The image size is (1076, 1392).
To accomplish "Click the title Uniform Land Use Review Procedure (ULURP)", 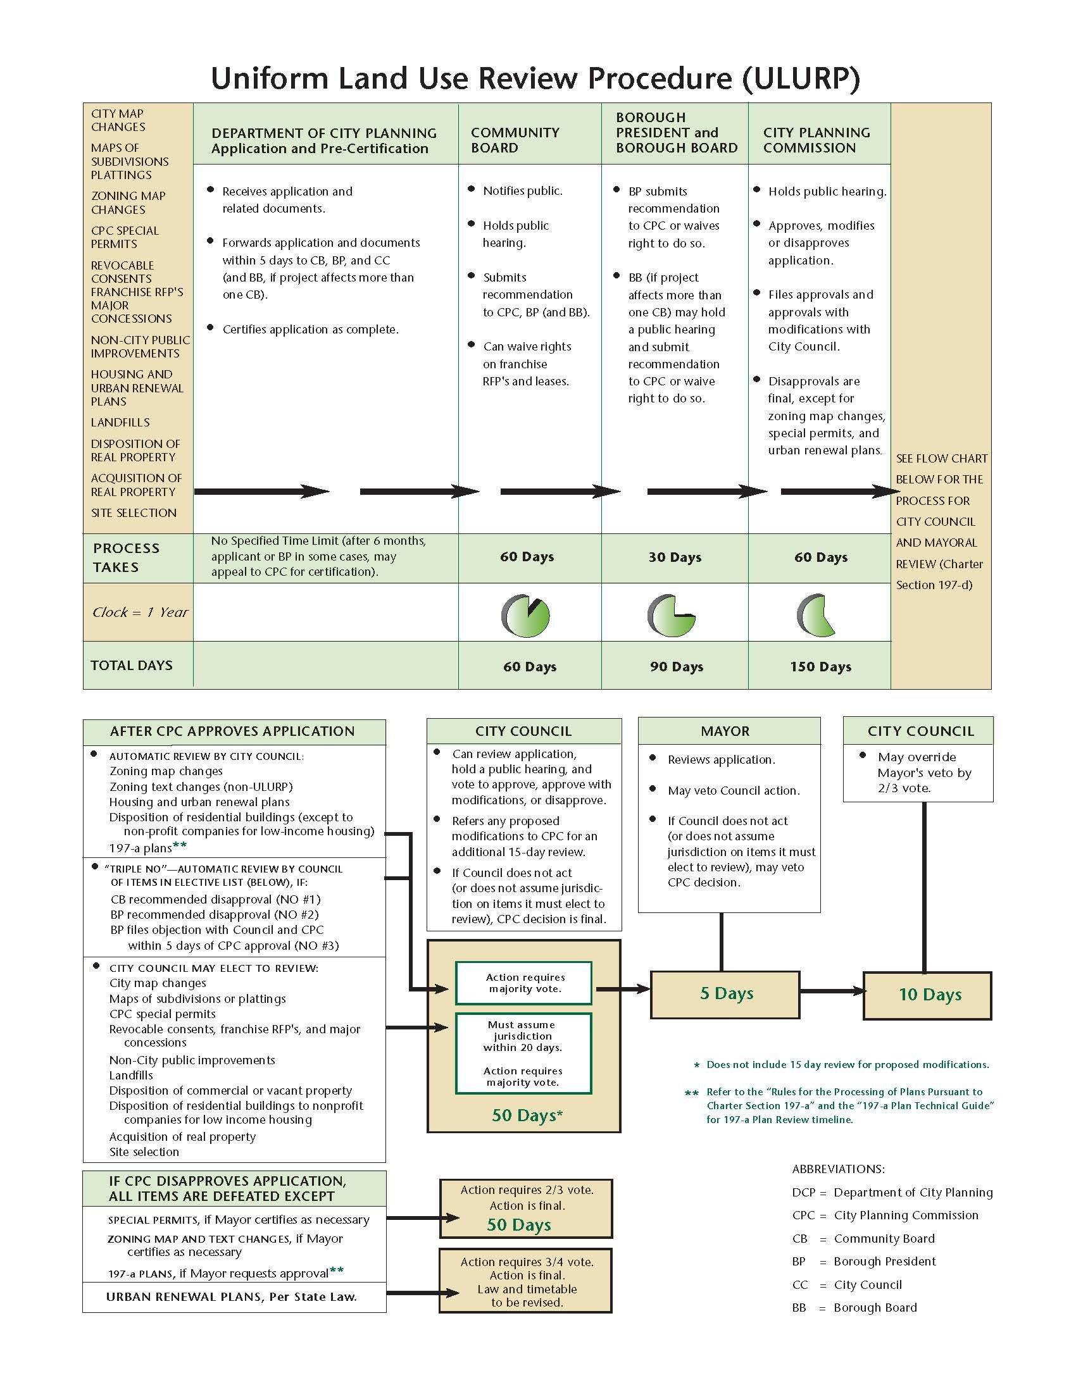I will click(535, 78).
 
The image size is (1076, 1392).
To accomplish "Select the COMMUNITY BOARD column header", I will click(515, 140).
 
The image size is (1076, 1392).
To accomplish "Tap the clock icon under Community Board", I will click(526, 616).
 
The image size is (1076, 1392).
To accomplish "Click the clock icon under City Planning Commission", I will click(816, 616).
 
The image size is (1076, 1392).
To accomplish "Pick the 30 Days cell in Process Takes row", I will click(675, 557).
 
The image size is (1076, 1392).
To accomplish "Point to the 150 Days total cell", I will click(820, 667).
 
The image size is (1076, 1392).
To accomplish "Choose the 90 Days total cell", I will click(676, 667).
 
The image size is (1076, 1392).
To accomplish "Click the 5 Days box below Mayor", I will click(725, 993).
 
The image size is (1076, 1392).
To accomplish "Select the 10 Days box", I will click(927, 995).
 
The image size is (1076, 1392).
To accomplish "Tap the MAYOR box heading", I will click(725, 731).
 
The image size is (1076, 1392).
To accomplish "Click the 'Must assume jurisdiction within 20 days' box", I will click(523, 1053).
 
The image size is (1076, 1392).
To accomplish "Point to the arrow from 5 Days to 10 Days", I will click(831, 991).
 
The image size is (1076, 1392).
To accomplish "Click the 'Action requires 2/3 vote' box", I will click(526, 1209).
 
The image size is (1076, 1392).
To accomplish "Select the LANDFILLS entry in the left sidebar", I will click(120, 423).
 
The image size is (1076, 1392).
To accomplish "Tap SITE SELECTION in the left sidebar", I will click(133, 513).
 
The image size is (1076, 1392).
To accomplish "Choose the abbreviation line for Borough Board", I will click(854, 1307).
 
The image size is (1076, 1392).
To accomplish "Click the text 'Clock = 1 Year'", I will click(141, 612).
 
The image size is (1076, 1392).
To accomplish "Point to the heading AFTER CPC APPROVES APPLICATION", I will click(232, 731).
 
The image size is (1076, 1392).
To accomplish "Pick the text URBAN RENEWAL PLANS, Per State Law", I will click(231, 1296).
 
